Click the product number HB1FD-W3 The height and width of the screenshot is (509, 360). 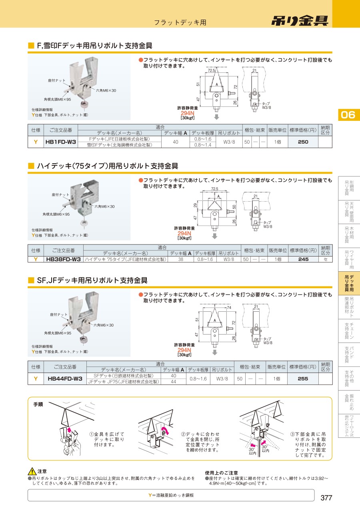click(x=61, y=142)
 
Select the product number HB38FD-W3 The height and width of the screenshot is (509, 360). click(x=63, y=259)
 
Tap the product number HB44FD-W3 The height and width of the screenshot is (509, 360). click(x=65, y=379)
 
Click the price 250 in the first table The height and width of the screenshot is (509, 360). click(x=303, y=142)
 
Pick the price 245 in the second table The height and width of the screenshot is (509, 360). click(x=303, y=259)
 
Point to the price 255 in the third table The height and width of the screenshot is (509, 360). click(x=303, y=379)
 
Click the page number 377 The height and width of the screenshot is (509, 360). click(x=326, y=498)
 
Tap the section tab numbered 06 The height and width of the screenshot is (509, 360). click(x=348, y=115)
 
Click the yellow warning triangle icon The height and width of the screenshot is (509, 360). click(x=32, y=471)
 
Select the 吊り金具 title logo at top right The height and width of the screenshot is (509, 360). click(x=300, y=21)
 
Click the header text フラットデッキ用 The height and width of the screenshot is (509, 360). click(x=180, y=22)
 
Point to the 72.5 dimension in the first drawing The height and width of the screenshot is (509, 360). click(x=212, y=70)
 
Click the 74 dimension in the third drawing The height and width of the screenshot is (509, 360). click(x=229, y=308)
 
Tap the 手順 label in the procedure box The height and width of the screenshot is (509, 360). click(x=38, y=405)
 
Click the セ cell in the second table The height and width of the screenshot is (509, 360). click(x=326, y=259)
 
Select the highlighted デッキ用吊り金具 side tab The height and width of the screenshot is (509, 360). click(x=349, y=283)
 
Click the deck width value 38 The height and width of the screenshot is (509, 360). click(x=180, y=259)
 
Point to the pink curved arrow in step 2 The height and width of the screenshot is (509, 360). click(x=165, y=431)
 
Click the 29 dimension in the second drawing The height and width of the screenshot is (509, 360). click(x=195, y=205)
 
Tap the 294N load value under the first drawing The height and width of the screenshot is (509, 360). click(x=187, y=113)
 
